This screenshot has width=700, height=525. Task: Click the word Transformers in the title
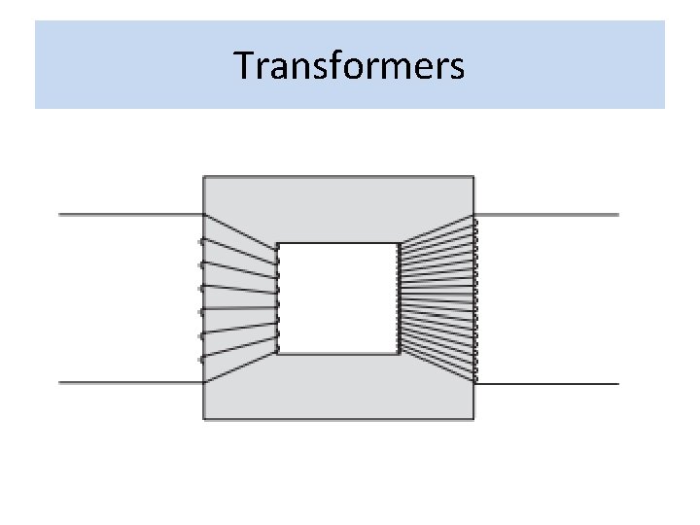point(349,65)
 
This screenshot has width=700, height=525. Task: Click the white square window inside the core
point(338,297)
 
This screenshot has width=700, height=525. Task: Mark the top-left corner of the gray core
point(203,176)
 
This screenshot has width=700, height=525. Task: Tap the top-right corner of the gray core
point(473,176)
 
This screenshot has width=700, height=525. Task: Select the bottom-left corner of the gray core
point(203,419)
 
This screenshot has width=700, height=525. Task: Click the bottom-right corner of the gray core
point(473,419)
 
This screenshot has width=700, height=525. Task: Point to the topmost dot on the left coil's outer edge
point(201,240)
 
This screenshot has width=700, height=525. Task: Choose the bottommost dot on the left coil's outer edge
point(201,360)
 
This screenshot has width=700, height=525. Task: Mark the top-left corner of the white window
point(279,243)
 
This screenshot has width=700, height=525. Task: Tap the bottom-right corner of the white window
point(399,353)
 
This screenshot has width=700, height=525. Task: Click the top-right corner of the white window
point(399,243)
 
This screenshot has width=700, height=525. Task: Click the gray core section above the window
point(338,209)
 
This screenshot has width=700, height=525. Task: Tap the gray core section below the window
point(338,387)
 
